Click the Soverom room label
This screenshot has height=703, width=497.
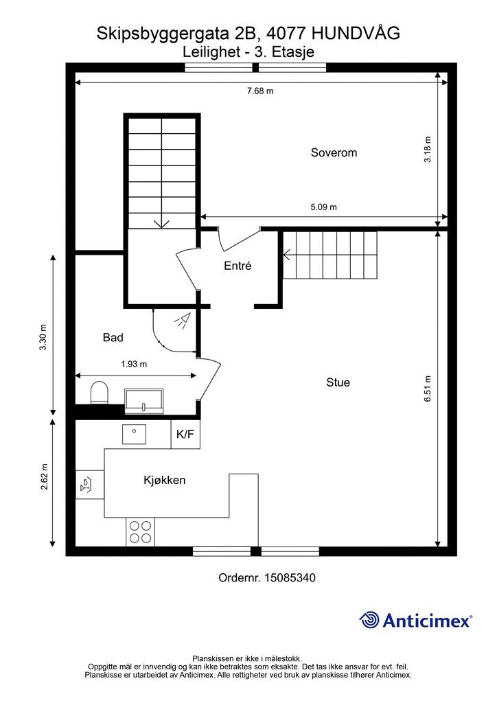point(334,152)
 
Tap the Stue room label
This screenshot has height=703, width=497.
point(338,382)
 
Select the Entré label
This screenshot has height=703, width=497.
point(238,266)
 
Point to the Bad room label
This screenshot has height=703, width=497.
point(113,338)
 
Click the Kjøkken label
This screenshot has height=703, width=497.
point(165,480)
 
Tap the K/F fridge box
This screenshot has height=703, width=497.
point(185,434)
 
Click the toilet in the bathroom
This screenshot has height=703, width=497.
point(100,393)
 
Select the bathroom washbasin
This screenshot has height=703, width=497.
point(144,401)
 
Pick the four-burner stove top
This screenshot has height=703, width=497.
point(140,531)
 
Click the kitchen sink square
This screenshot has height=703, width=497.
point(134,434)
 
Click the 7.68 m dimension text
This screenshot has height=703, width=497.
point(260,91)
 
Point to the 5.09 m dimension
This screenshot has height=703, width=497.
point(323,207)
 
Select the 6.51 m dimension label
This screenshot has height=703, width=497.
point(428,389)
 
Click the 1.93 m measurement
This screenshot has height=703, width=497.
point(134,364)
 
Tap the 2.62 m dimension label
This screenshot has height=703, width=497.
point(45,477)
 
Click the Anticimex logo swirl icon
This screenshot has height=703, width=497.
point(369,620)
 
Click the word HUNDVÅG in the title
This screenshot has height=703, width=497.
point(355,33)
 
